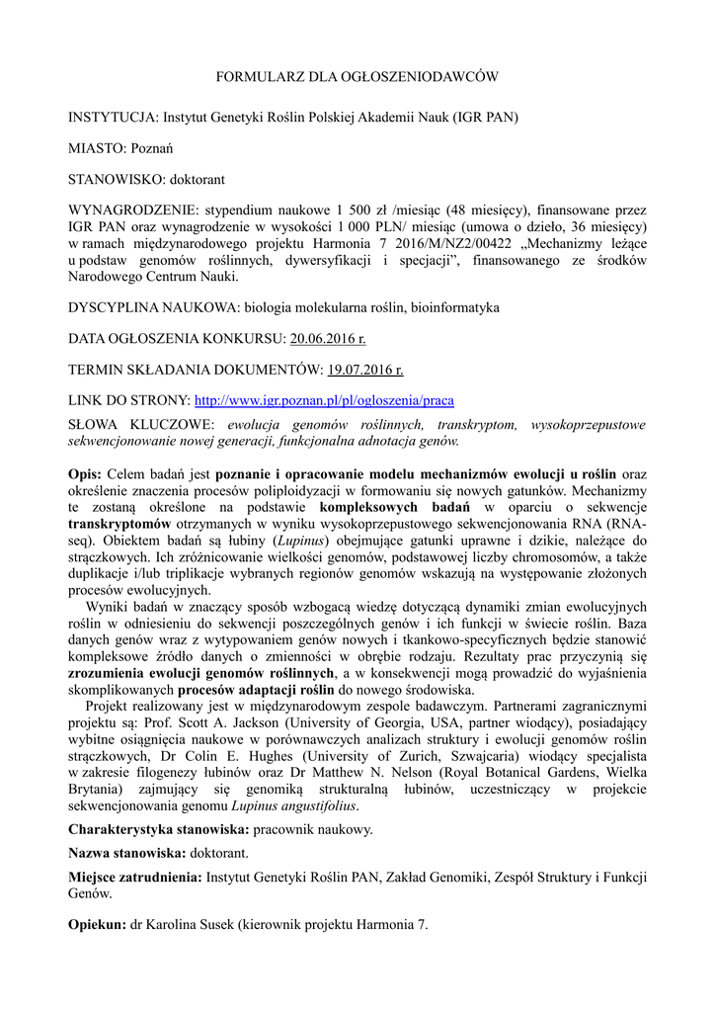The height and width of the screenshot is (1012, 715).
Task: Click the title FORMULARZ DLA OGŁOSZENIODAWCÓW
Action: (357, 76)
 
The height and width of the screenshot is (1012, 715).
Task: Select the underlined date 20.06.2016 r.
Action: (327, 339)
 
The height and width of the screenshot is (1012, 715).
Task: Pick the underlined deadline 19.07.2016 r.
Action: (365, 371)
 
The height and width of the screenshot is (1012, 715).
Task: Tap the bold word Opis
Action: (84, 473)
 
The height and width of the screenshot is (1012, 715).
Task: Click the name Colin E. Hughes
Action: (258, 756)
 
